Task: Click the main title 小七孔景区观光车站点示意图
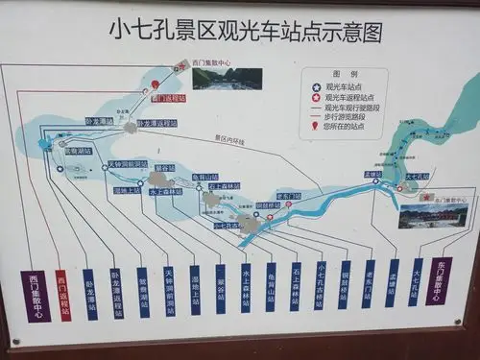(x=245, y=33)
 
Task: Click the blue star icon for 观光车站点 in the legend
(x=316, y=84)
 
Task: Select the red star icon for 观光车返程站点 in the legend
(x=316, y=96)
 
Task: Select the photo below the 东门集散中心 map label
(x=433, y=215)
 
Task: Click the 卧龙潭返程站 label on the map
(x=157, y=123)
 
